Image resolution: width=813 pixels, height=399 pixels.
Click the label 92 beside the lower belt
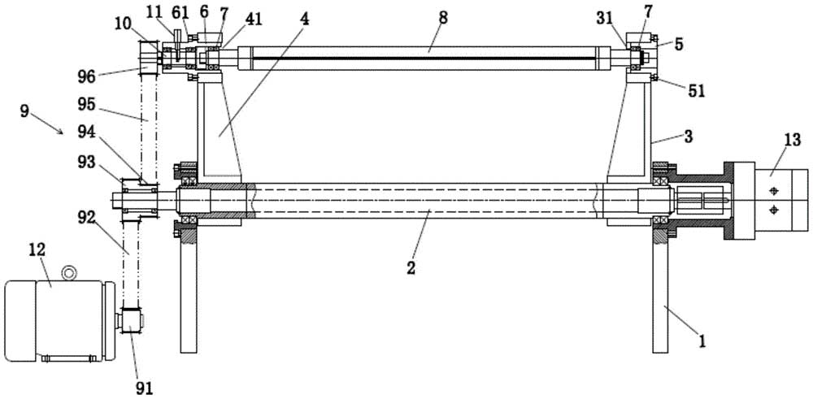[x=106, y=218]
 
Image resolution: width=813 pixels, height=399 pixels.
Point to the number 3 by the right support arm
[x=689, y=137]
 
